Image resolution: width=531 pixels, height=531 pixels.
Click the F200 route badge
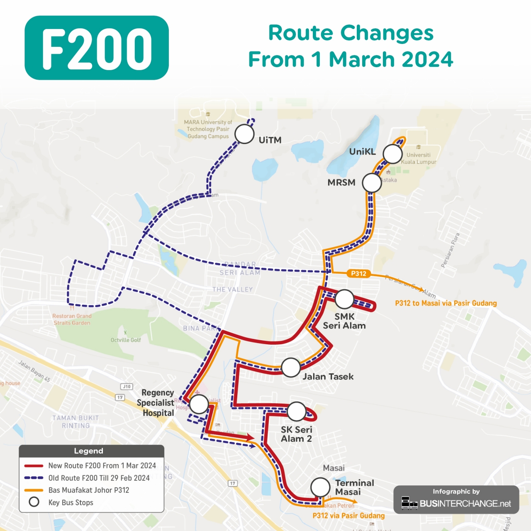point(97,48)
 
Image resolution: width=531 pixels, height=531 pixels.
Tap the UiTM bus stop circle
point(244,134)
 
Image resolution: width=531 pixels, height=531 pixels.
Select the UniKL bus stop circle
point(392,154)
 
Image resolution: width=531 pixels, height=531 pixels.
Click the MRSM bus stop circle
point(372,183)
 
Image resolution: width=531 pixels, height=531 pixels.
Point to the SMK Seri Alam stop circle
point(344,299)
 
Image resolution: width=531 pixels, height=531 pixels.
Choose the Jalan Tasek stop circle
point(290,368)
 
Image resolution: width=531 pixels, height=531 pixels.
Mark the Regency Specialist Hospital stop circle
point(199,404)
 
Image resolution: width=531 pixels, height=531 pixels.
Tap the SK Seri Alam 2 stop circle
point(297,411)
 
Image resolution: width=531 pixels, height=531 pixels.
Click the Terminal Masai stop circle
point(320,487)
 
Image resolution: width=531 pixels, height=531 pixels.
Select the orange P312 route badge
point(358,273)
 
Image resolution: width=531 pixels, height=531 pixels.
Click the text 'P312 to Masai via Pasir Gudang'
point(446,303)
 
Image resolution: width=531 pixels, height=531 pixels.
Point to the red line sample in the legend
point(34,466)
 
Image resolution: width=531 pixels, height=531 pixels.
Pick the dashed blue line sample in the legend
point(34,478)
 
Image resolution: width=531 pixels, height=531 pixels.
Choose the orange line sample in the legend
point(34,490)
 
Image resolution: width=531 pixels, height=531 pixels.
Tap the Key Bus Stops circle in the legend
point(34,502)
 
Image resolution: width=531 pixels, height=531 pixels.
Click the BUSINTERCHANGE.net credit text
point(465,504)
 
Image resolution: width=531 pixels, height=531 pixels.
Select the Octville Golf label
point(125,340)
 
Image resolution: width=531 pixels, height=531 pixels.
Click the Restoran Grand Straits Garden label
point(72,319)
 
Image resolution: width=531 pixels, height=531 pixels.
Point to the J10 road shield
point(127,387)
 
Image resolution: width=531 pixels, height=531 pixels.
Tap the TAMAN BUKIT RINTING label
point(76,421)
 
